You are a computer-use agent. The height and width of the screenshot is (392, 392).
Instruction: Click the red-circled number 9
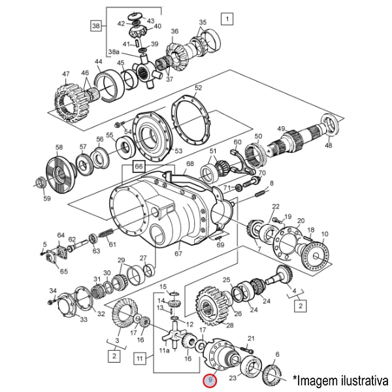pos(208,380)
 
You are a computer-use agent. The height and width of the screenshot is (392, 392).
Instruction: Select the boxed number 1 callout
pos(226,18)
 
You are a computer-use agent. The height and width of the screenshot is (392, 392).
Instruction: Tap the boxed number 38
pos(97,26)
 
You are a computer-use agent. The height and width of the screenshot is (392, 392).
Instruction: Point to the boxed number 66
pos(139,167)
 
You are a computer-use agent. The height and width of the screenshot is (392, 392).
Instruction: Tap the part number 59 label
pos(46,199)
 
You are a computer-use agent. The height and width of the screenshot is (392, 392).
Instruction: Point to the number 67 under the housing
pos(177,253)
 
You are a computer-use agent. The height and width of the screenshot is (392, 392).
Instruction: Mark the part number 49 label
pos(281,128)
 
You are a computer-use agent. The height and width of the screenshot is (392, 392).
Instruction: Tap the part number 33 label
pos(83,319)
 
